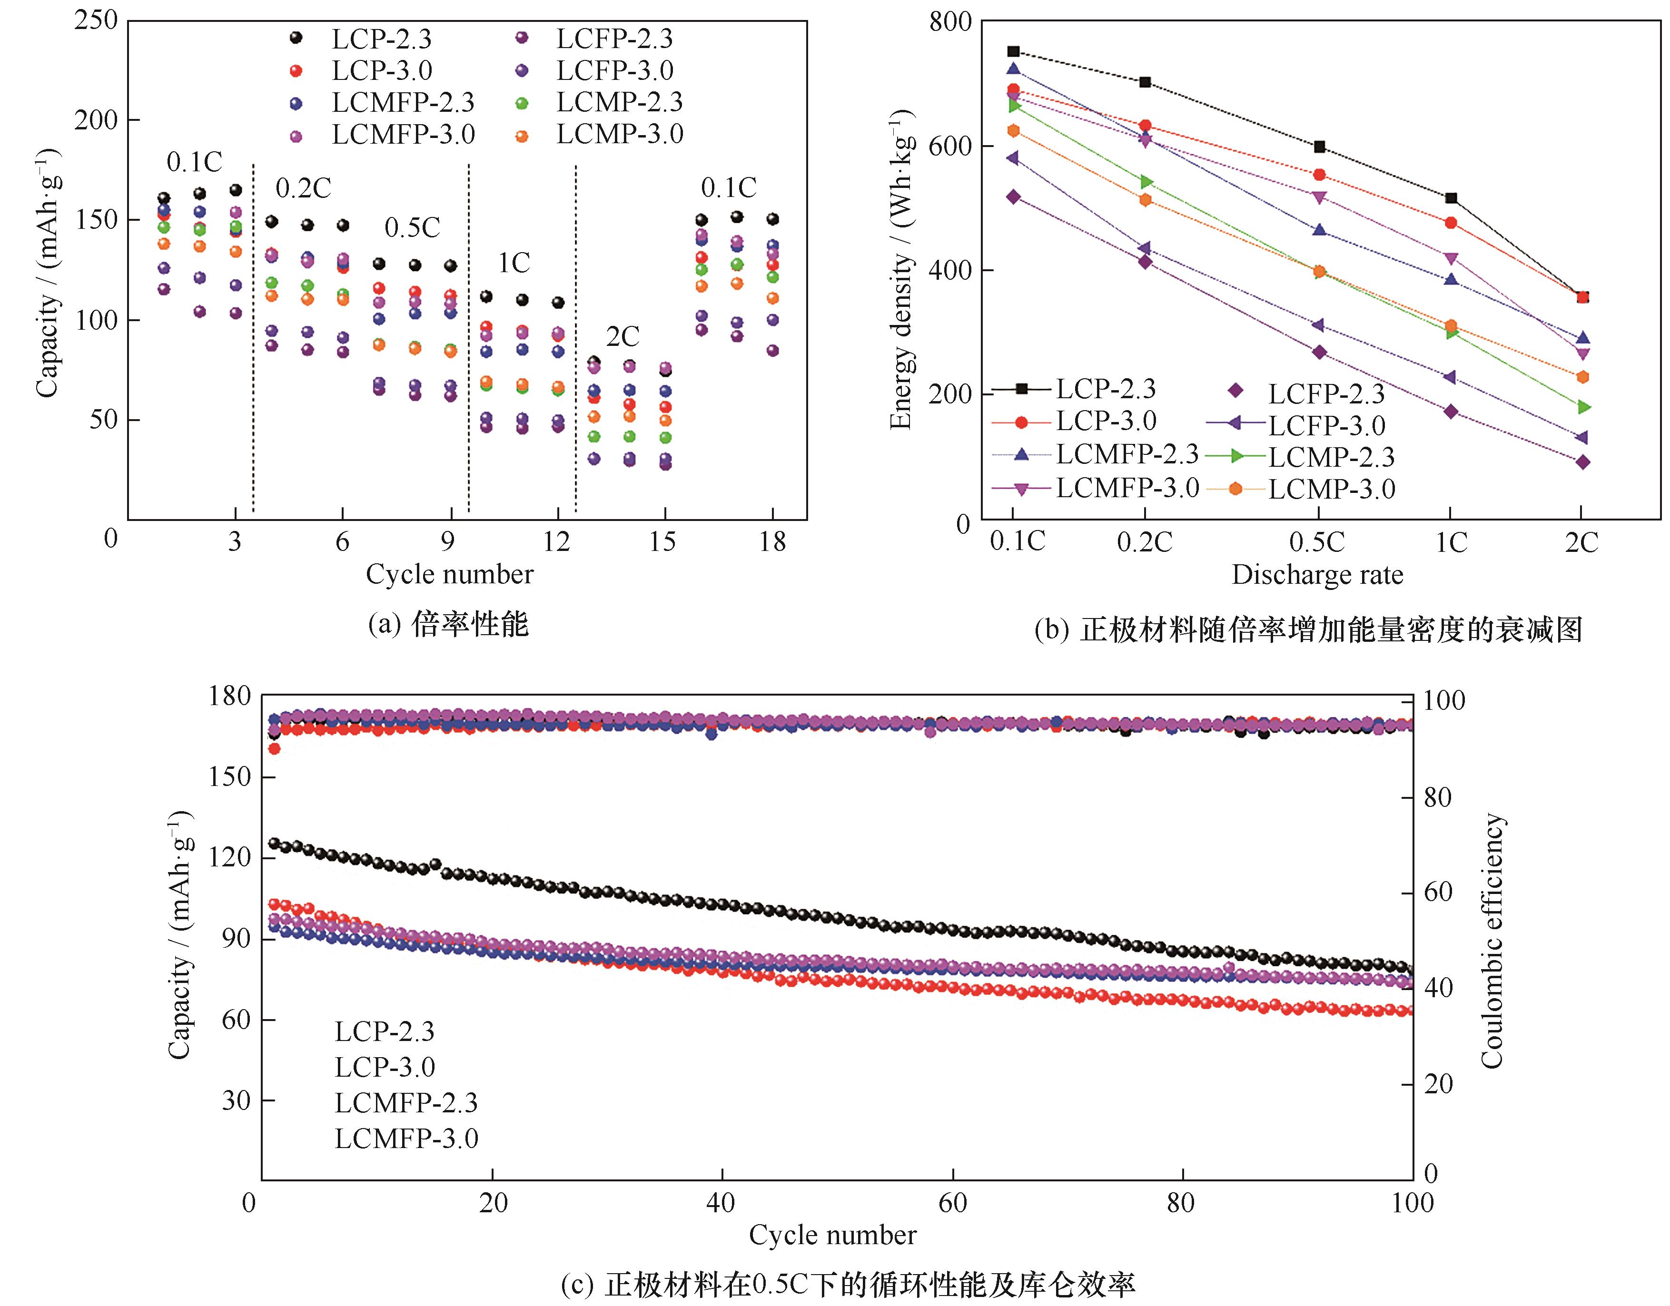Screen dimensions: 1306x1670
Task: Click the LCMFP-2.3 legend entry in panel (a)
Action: pos(403,102)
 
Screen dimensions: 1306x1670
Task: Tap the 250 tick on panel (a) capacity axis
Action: pos(96,20)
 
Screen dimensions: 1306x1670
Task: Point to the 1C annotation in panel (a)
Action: pos(514,263)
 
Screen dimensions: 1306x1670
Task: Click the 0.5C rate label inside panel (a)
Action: pos(412,228)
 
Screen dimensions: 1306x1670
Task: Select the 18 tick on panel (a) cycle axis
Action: pos(773,542)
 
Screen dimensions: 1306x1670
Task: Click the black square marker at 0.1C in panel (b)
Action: pos(1013,52)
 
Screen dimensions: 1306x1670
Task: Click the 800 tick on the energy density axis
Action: pos(950,21)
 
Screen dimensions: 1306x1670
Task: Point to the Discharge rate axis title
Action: pos(1317,575)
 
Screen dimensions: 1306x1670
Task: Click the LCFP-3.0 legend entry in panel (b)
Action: pos(1327,426)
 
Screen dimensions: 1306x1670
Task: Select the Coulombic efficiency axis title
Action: pos(1492,941)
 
